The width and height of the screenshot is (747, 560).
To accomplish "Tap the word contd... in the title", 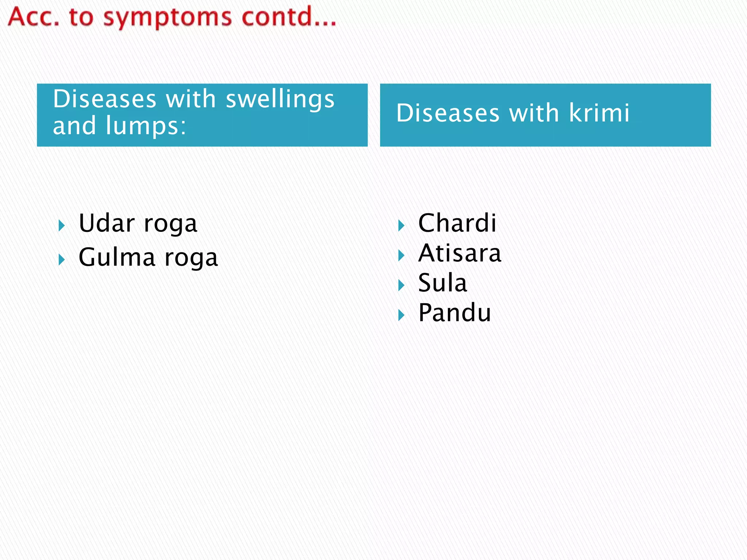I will [x=289, y=17].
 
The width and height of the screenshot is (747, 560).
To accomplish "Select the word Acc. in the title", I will [x=34, y=17].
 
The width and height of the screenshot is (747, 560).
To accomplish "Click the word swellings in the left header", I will [x=280, y=100].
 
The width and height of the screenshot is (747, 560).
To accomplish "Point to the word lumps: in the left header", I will [x=146, y=126].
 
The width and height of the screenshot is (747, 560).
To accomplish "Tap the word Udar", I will [x=107, y=223].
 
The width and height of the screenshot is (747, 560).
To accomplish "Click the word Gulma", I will [x=117, y=257].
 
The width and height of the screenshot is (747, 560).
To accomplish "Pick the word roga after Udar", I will [x=170, y=224].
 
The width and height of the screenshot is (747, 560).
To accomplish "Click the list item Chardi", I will [x=457, y=223].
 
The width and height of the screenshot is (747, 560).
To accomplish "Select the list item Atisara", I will [x=460, y=253].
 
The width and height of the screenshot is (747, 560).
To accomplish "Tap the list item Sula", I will [x=442, y=283].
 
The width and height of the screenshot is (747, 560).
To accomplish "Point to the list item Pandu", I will [x=454, y=313].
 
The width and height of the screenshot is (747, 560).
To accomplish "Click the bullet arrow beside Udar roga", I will [x=62, y=226].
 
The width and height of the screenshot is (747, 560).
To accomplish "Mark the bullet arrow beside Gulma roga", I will [x=62, y=260].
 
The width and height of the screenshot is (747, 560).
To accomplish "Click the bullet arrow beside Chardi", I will [x=401, y=226].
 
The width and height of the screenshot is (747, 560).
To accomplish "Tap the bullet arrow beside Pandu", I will [x=401, y=315].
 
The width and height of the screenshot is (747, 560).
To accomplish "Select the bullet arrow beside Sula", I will [x=401, y=285].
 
